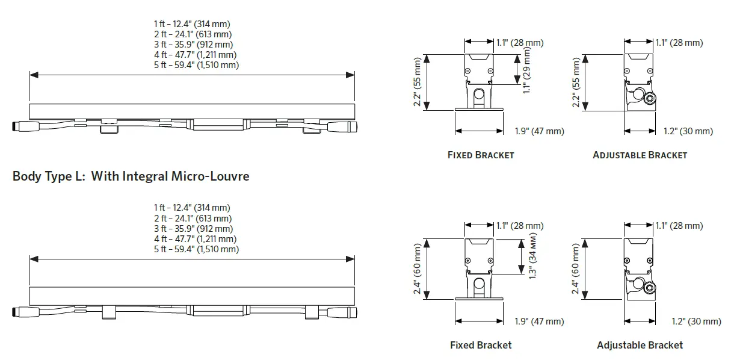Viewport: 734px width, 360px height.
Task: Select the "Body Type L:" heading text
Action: pyautogui.click(x=49, y=176)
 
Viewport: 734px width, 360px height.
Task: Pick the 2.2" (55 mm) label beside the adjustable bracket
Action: pyautogui.click(x=578, y=82)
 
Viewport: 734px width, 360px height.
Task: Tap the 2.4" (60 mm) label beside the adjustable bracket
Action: pyautogui.click(x=578, y=268)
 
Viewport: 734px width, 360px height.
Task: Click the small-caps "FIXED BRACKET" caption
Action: pyautogui.click(x=481, y=155)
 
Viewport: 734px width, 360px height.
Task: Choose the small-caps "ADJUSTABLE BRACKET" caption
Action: pyautogui.click(x=640, y=155)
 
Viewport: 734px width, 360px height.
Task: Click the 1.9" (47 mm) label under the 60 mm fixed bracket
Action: pyautogui.click(x=540, y=321)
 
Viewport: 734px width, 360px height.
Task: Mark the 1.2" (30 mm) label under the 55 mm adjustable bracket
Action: pyautogui.click(x=688, y=131)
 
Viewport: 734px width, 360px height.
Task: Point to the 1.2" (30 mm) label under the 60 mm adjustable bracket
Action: pyautogui.click(x=695, y=321)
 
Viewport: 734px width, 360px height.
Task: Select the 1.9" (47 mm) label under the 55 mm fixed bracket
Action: pyautogui.click(x=540, y=131)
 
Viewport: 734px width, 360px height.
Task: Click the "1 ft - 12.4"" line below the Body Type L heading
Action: pyautogui.click(x=193, y=208)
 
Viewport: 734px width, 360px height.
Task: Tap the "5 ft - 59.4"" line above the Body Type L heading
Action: pyautogui.click(x=196, y=65)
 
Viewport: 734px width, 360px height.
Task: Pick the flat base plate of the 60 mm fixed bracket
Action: pyautogui.click(x=479, y=297)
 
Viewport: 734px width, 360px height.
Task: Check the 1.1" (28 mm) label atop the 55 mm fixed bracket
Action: pyautogui.click(x=519, y=43)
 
